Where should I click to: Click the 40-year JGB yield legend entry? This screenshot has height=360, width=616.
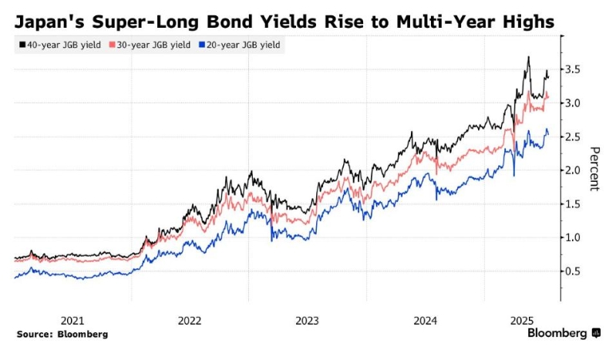(x=57, y=45)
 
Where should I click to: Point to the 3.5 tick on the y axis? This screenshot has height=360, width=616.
(x=573, y=70)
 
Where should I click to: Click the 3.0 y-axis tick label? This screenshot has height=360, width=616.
(x=573, y=103)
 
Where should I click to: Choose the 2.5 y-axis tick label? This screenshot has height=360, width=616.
(x=573, y=137)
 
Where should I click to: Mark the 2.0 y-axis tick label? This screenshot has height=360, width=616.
(x=573, y=170)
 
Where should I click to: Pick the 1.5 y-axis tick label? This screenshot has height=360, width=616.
(x=573, y=204)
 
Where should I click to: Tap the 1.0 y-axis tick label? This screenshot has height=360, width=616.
(x=573, y=237)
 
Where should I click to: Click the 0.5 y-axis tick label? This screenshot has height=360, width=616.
(x=573, y=271)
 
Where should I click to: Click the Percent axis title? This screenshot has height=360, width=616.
(x=594, y=169)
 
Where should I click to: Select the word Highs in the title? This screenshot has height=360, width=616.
(x=527, y=22)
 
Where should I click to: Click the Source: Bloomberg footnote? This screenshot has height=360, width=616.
(x=62, y=335)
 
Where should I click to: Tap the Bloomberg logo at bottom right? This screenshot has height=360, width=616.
(x=564, y=333)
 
